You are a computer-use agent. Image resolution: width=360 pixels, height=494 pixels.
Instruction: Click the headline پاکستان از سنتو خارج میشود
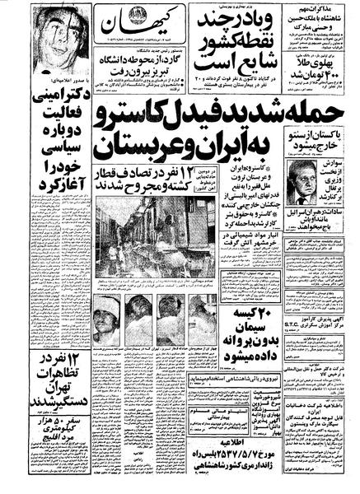point(316,137)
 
